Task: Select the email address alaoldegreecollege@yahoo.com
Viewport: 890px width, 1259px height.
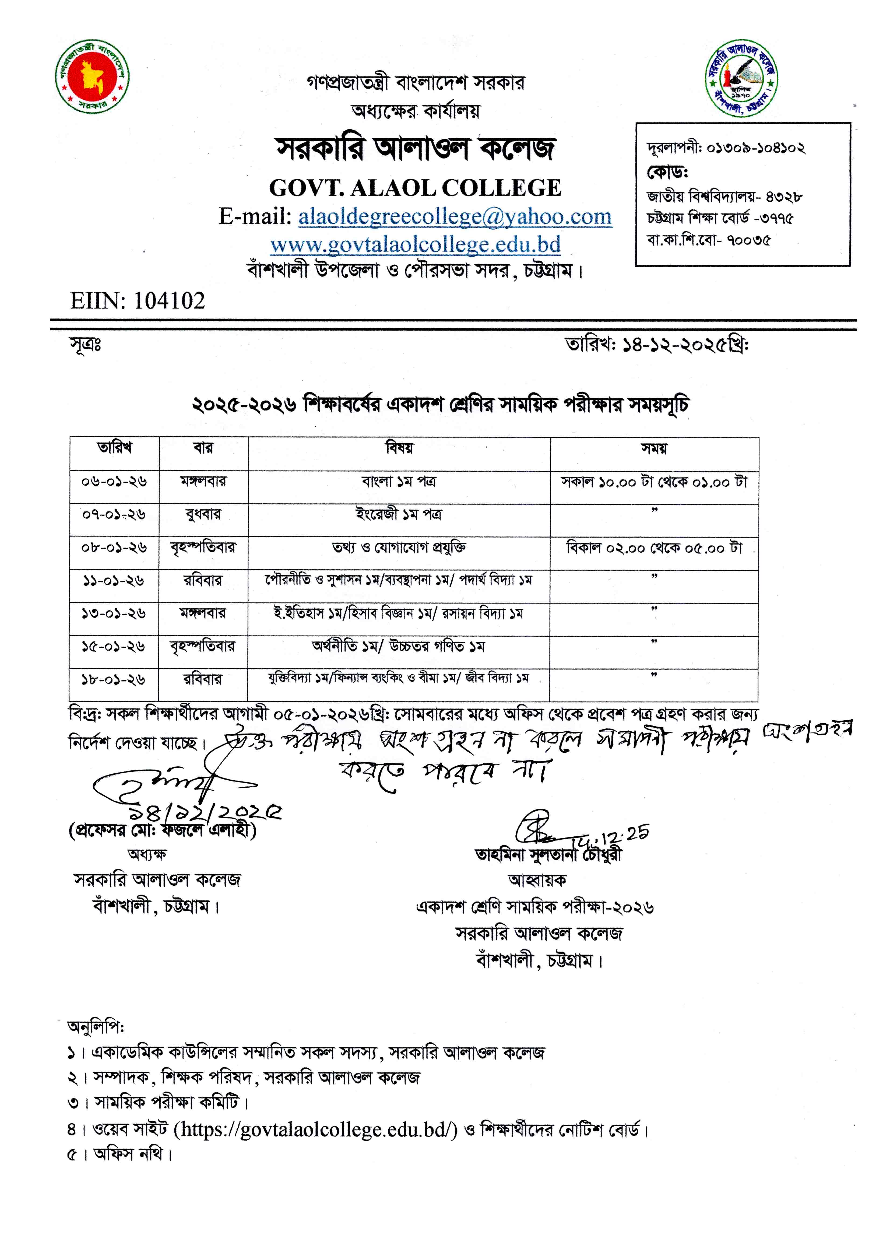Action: point(455,217)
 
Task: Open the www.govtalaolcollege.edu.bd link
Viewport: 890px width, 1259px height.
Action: point(415,245)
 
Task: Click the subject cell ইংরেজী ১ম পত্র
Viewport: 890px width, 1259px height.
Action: point(399,514)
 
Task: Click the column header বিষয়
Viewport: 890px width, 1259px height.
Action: point(399,448)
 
